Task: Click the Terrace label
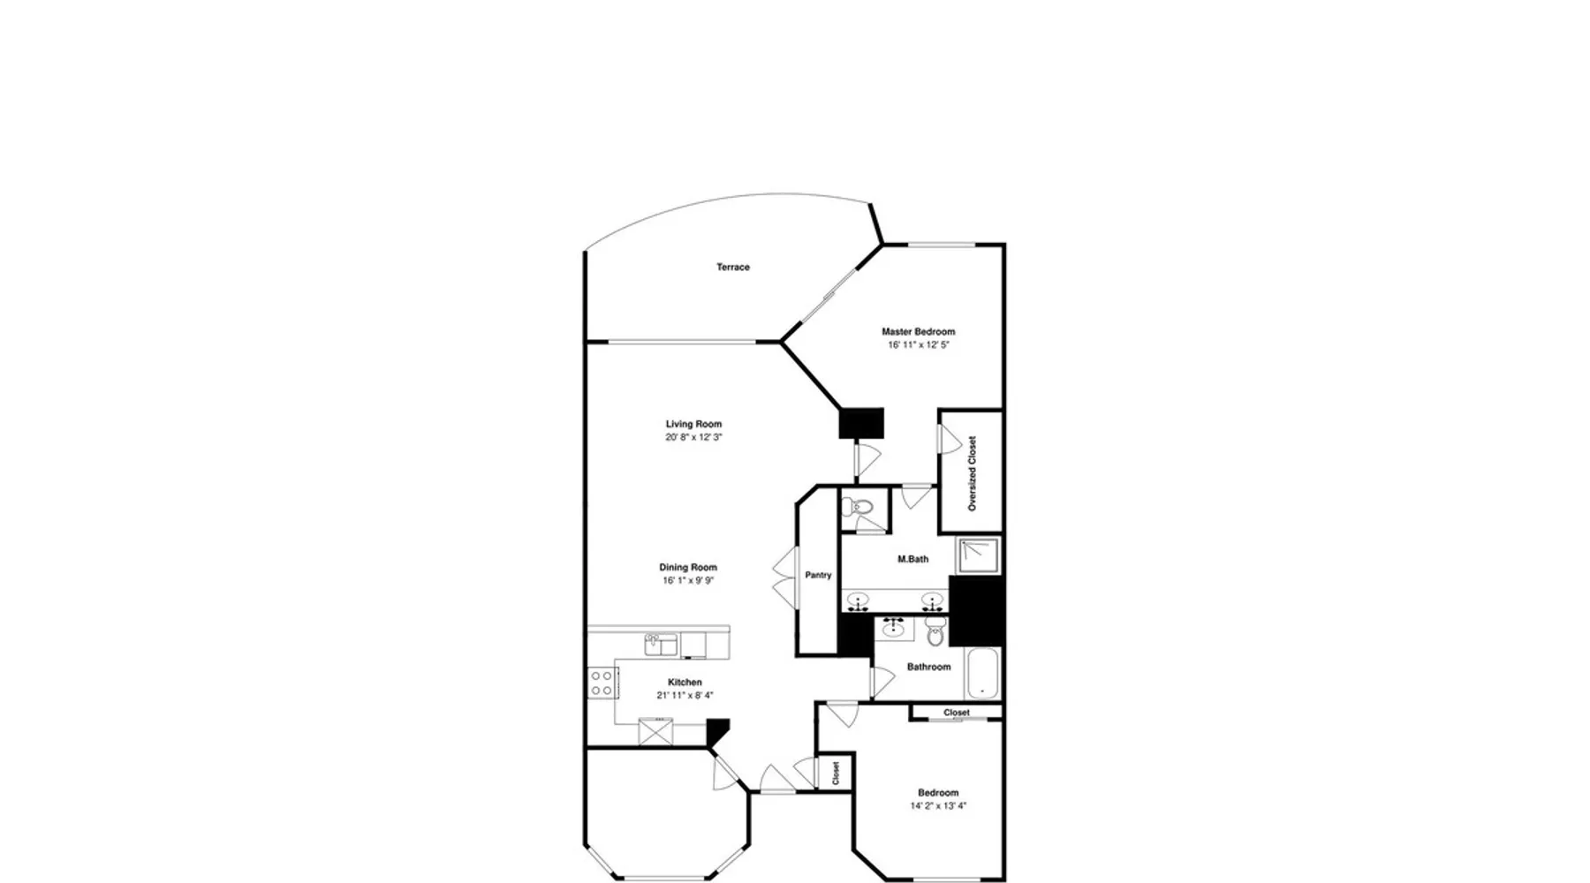tap(733, 267)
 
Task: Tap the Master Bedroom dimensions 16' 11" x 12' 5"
tap(919, 345)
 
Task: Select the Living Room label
tap(694, 424)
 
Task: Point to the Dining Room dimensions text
tap(688, 581)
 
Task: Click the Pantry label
tap(818, 575)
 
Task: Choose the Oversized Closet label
tap(973, 473)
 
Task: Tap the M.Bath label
tap(912, 559)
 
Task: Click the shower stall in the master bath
tap(979, 556)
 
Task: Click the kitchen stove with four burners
tap(602, 682)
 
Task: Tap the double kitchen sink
tap(660, 645)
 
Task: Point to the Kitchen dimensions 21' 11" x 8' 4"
tap(685, 696)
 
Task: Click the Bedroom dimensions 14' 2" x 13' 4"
tap(938, 806)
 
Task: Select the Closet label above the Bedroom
tap(957, 713)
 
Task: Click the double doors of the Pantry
tap(785, 577)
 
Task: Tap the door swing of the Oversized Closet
tap(950, 440)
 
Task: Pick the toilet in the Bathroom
tap(935, 630)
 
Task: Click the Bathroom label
tap(929, 667)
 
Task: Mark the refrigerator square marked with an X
tap(655, 732)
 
